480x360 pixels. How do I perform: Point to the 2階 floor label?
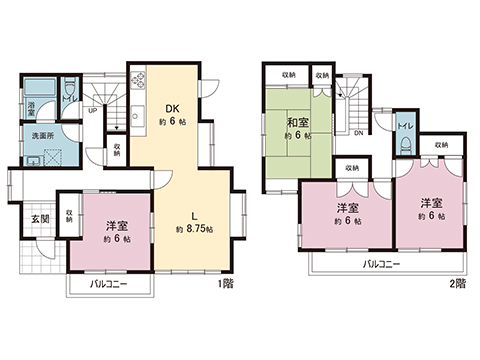tap(456, 284)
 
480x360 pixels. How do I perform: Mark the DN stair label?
tap(358, 131)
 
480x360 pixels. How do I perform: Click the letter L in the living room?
tap(191, 212)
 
